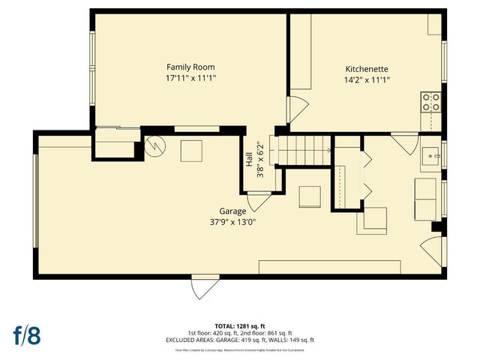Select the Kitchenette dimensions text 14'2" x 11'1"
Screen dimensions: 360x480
click(367, 79)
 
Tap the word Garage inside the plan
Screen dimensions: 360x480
click(232, 211)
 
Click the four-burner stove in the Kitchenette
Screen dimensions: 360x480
click(430, 102)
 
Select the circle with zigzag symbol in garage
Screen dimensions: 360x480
click(154, 146)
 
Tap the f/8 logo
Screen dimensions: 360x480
click(25, 335)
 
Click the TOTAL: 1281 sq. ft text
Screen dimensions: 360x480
click(239, 326)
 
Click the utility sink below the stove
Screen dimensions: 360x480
click(430, 156)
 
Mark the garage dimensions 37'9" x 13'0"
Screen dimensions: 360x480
click(232, 222)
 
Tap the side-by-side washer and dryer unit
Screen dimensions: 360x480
click(427, 199)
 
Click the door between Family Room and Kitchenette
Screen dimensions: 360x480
click(298, 109)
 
